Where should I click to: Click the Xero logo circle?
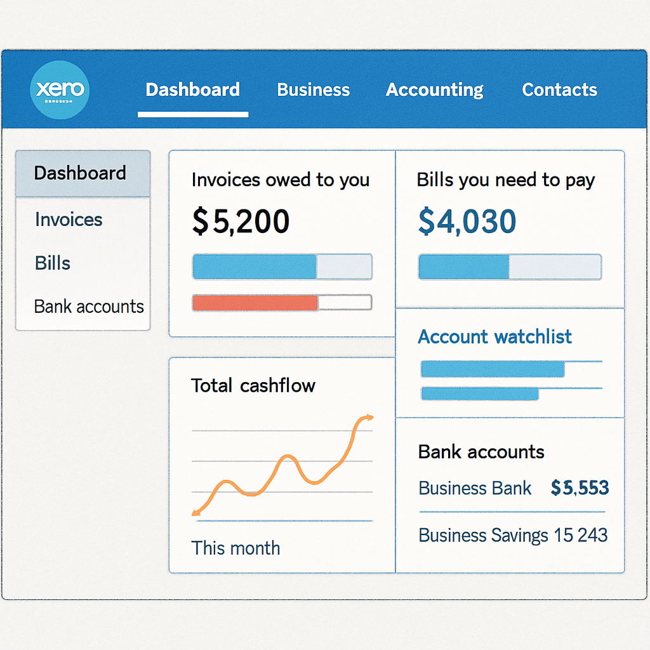click(x=60, y=90)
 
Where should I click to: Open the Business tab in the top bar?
click(x=314, y=90)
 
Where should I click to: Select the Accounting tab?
click(x=435, y=90)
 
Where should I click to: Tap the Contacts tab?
click(x=559, y=90)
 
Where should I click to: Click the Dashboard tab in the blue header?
click(x=193, y=90)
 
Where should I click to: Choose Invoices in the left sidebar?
click(x=69, y=220)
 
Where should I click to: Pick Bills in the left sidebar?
click(x=53, y=263)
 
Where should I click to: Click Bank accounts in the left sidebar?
click(x=89, y=307)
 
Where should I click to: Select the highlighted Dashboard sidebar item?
click(x=81, y=173)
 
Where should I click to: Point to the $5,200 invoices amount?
click(x=241, y=222)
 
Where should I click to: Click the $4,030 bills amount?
click(x=467, y=222)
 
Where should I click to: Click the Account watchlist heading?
click(x=494, y=336)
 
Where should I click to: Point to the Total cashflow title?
click(x=253, y=385)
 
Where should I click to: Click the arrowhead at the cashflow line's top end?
click(x=366, y=418)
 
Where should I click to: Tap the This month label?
click(x=235, y=548)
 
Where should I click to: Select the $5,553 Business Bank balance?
click(x=580, y=488)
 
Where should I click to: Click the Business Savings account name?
click(x=483, y=535)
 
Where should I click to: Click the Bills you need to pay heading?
click(x=506, y=180)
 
